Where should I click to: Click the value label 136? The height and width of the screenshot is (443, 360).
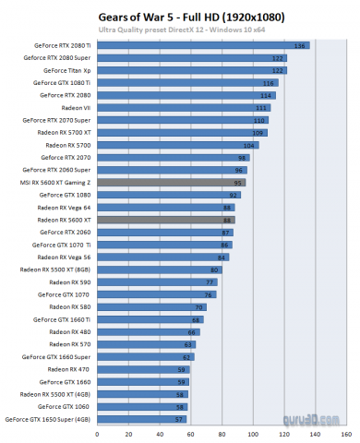(x=300, y=45)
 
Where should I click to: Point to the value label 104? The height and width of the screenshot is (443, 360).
(x=250, y=145)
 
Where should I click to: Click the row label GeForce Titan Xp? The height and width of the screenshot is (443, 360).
(x=67, y=70)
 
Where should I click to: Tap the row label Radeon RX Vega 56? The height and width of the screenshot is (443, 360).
(x=64, y=257)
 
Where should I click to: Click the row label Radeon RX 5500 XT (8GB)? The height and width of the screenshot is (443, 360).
(x=55, y=269)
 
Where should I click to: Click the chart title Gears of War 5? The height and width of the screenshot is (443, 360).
(x=179, y=17)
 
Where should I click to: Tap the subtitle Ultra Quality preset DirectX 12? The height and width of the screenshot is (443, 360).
(x=179, y=30)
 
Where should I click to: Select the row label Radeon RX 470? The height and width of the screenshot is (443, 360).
(x=69, y=369)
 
